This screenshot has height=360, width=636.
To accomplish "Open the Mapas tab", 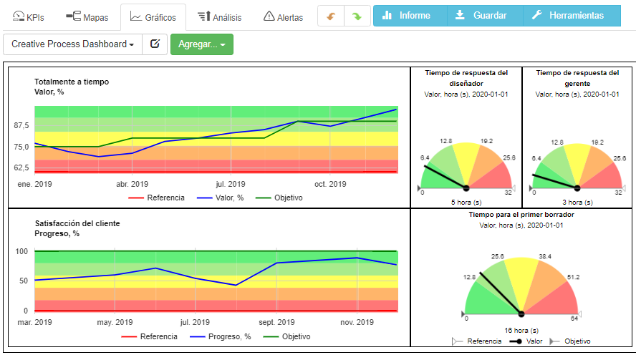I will point(82,16).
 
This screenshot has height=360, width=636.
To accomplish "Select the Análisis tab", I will point(219,16).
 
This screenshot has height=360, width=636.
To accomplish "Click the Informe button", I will point(410,15).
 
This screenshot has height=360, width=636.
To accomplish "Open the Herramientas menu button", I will point(572,15).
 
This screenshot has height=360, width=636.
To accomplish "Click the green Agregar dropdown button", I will point(201,44).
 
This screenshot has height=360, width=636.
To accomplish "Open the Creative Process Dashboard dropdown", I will point(72,44).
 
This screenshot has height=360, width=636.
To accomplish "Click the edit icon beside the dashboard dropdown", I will point(154,44).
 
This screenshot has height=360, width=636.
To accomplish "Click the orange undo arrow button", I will point(331,16).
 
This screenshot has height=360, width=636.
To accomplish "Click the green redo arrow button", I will point(356,16).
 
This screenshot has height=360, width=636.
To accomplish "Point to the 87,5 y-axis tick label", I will point(21,125).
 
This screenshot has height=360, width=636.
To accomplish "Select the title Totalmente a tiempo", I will point(72,82).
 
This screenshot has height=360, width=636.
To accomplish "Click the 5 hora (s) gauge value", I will point(466,202).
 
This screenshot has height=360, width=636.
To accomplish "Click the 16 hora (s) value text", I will point(521,330).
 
